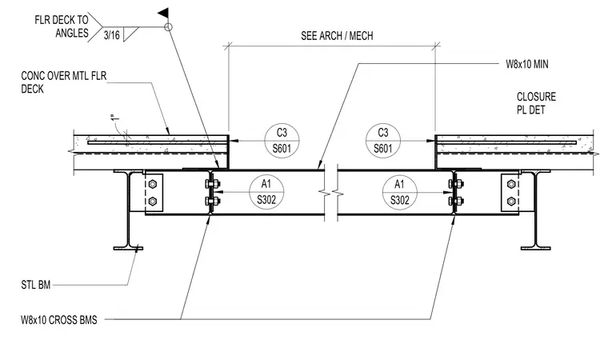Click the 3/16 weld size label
(x=112, y=35)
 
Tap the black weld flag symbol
(x=164, y=13)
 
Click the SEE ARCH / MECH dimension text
(x=337, y=36)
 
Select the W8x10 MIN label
(x=527, y=64)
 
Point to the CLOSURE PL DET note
(x=536, y=103)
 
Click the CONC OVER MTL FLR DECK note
(x=63, y=82)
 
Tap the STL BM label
(x=36, y=285)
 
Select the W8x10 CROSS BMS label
(x=59, y=320)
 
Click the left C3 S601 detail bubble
(x=282, y=141)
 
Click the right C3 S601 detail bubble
(x=383, y=141)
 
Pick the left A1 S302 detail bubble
(x=266, y=192)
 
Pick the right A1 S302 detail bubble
(x=400, y=192)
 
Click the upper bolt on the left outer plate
(x=152, y=184)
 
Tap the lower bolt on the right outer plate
(x=511, y=201)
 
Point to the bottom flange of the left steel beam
(x=128, y=248)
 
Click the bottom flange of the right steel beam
(x=535, y=248)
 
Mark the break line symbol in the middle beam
(x=330, y=192)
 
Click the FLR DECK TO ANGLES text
(x=62, y=26)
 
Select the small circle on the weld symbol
(x=168, y=27)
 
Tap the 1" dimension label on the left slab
(x=114, y=118)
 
